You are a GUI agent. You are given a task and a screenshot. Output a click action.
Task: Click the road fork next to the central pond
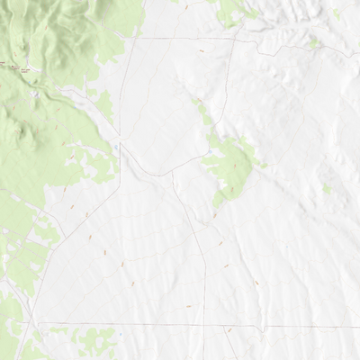click(x=121, y=149)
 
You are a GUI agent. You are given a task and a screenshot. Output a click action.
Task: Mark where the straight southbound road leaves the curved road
click(x=172, y=172)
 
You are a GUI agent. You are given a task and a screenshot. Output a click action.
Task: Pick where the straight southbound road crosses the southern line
click(x=205, y=325)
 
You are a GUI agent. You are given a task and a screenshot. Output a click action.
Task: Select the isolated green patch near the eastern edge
click(x=327, y=190)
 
